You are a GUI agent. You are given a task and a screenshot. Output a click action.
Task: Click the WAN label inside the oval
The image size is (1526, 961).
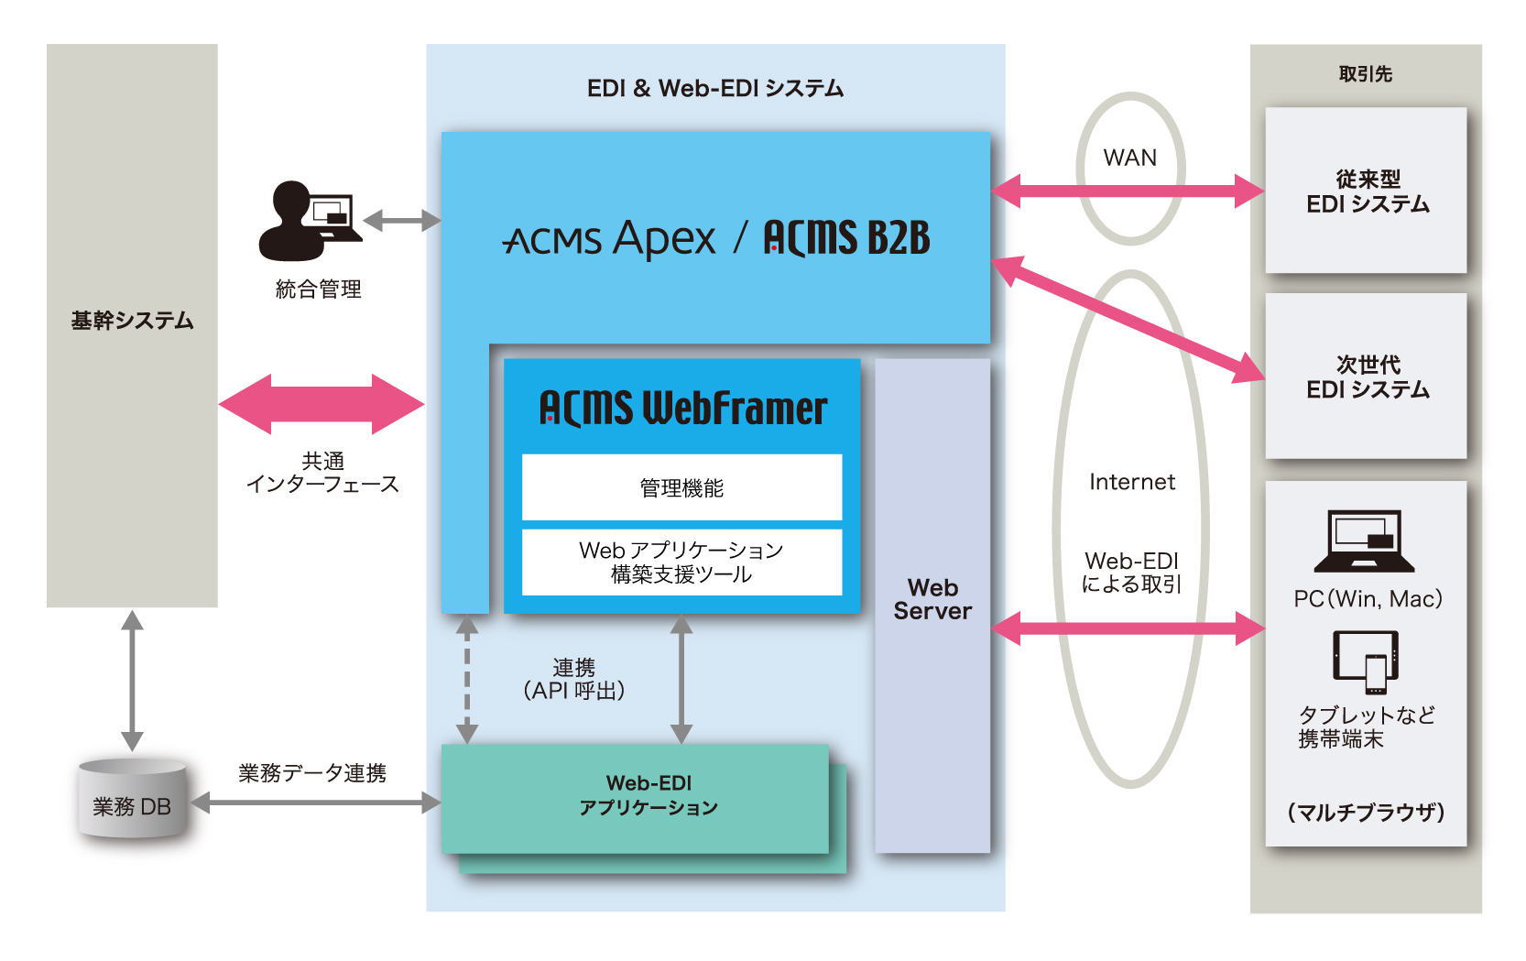1129,158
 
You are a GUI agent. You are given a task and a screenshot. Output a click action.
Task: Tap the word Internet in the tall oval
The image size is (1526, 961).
1131,482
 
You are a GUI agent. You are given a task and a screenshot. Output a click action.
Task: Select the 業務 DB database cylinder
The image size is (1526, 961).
132,799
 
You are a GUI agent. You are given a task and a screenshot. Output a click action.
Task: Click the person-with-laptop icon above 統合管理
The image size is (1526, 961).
309,221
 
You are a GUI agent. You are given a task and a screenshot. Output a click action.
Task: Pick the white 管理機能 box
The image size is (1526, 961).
681,487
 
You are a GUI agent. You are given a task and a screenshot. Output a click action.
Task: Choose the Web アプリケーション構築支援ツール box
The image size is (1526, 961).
681,562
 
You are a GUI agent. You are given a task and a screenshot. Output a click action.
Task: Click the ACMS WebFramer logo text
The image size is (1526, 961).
682,408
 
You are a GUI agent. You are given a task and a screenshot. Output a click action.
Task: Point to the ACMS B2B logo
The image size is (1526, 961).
846,238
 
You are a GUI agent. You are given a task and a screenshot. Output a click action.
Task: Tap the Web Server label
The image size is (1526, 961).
932,599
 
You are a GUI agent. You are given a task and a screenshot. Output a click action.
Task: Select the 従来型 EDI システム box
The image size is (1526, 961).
1366,191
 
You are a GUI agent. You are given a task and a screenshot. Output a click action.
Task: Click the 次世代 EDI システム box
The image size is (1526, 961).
1366,377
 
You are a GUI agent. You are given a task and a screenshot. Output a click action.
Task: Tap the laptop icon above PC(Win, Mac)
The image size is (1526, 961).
1364,541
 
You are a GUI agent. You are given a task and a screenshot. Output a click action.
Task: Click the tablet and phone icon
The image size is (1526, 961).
1365,661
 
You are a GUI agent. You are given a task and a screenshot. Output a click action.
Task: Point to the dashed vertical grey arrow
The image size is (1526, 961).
467,679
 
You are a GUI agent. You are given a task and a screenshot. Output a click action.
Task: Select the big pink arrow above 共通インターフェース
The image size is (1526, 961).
322,403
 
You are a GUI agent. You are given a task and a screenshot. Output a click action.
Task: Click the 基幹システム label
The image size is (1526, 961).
132,321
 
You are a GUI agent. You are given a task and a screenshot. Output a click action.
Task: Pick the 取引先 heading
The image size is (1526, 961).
1365,74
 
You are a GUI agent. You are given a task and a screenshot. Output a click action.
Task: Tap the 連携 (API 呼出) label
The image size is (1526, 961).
573,679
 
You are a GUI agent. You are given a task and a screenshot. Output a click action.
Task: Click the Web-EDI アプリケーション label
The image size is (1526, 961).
648,795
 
